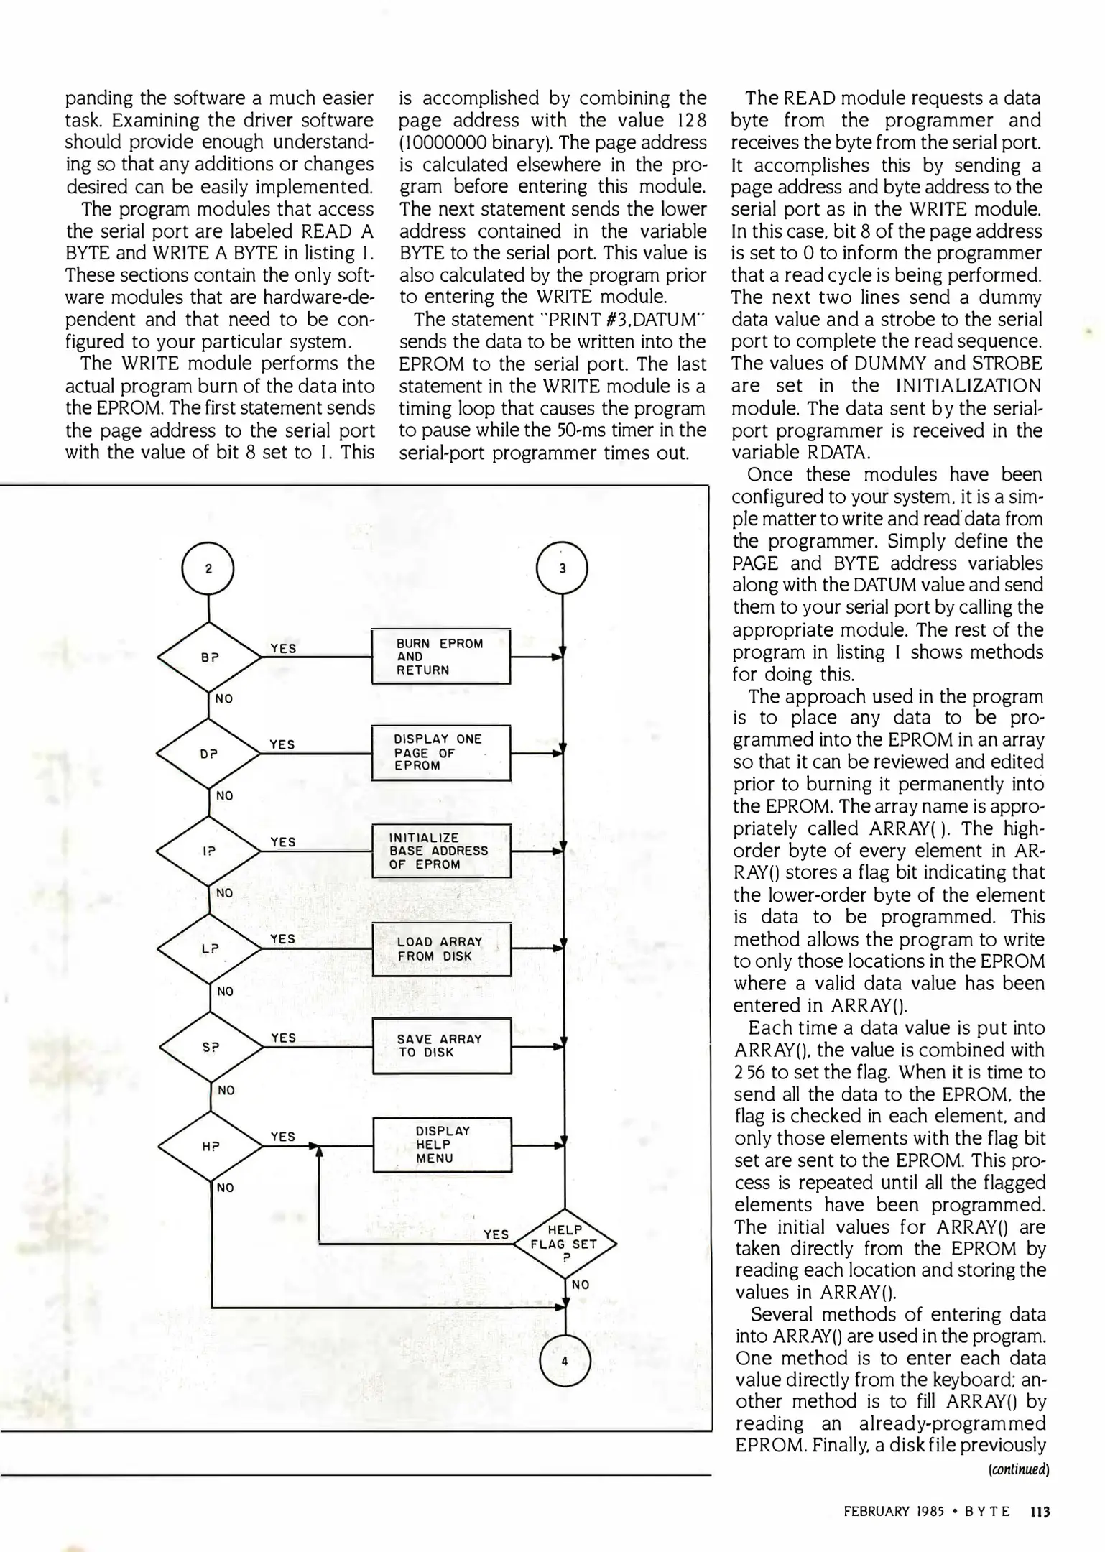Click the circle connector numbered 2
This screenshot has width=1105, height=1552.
coord(208,569)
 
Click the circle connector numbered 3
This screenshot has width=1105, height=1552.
coord(563,568)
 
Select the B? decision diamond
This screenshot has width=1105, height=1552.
coord(209,657)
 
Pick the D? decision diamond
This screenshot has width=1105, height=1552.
coord(209,754)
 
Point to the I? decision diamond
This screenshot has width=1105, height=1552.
coord(209,851)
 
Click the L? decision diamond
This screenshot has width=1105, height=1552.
coord(209,948)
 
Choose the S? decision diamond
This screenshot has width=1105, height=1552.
coord(210,1047)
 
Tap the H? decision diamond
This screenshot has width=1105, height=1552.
coord(210,1146)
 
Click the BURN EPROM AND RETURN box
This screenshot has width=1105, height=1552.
coord(440,657)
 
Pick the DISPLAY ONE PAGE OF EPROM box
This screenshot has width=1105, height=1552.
coord(440,752)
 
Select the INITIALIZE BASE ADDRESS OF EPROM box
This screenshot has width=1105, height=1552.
coord(440,851)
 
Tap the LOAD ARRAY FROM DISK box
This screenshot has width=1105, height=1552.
coord(441,948)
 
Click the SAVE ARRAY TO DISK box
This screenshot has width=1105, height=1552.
coord(442,1045)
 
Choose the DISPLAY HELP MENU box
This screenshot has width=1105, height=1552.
coord(442,1145)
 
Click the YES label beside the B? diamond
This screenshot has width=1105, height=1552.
coord(283,648)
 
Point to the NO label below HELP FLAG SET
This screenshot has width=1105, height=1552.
coord(581,1285)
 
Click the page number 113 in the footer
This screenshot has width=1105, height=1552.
coord(1040,1512)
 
